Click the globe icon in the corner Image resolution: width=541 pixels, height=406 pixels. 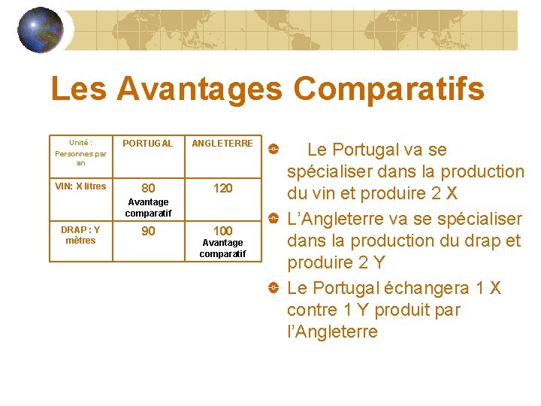click(x=40, y=30)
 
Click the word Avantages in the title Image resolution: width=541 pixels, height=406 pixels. click(x=199, y=89)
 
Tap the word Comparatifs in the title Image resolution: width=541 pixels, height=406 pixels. click(x=388, y=89)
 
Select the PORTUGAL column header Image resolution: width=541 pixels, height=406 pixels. click(x=148, y=144)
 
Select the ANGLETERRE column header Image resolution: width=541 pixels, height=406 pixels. click(x=222, y=144)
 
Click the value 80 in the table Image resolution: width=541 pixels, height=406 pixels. click(x=149, y=188)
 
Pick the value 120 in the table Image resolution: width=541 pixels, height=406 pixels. click(x=222, y=188)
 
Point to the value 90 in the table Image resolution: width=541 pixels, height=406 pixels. click(x=149, y=231)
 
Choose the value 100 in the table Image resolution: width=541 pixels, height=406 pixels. click(x=222, y=231)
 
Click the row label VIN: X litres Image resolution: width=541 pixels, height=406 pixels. click(x=80, y=186)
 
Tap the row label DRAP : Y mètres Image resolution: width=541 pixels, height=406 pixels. click(x=80, y=235)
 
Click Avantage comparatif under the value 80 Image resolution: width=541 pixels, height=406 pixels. click(x=149, y=208)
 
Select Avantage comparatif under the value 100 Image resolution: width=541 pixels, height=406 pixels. click(x=222, y=248)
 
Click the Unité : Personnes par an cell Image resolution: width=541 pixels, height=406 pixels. click(x=80, y=153)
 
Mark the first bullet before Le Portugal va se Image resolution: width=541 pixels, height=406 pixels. click(x=274, y=149)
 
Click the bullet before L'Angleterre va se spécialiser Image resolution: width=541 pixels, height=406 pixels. click(x=274, y=220)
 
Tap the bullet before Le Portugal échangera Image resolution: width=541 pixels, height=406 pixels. click(x=274, y=289)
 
